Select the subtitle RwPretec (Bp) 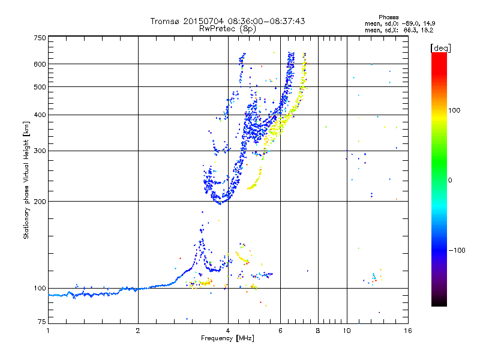pos(228,28)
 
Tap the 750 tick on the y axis pos(40,37)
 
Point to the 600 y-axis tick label pos(40,64)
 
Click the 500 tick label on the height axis pos(40,87)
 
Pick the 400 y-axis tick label pos(40,115)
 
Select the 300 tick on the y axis pos(40,151)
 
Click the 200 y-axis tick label pos(40,202)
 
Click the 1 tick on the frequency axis pos(48,331)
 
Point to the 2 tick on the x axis pos(138,331)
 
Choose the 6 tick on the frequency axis pos(281,331)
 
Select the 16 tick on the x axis pos(407,331)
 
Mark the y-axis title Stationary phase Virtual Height pos(26,180)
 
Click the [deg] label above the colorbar pos(441,47)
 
